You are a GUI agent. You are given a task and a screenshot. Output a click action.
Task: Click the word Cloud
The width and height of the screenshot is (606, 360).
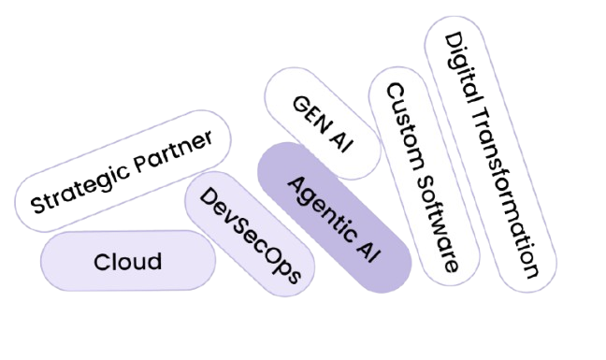coord(128,262)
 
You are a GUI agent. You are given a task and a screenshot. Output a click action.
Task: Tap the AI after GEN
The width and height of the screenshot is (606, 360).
coord(340,142)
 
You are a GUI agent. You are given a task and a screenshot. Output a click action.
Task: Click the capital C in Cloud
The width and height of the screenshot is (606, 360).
coord(102,262)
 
